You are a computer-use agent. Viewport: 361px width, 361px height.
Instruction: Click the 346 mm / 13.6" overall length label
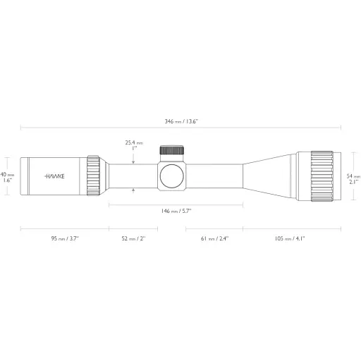pyautogui.click(x=181, y=121)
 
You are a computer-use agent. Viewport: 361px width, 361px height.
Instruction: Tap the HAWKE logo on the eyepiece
pyautogui.click(x=54, y=175)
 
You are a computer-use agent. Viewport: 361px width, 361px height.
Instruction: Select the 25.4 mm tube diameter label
pyautogui.click(x=134, y=142)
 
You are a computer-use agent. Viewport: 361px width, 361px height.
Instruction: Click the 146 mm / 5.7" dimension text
pyautogui.click(x=176, y=211)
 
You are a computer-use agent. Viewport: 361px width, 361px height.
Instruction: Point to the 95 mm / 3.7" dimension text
pyautogui.click(x=64, y=239)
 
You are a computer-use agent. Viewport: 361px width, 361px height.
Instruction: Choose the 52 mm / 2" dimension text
pyautogui.click(x=133, y=239)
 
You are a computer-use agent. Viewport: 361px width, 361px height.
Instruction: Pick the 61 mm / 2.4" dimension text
pyautogui.click(x=214, y=239)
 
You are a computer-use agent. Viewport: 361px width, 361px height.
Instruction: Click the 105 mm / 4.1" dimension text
pyautogui.click(x=290, y=239)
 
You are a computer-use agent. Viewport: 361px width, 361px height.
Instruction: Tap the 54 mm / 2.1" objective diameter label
pyautogui.click(x=354, y=178)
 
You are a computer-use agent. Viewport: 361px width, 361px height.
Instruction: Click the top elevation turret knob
pyautogui.click(x=172, y=149)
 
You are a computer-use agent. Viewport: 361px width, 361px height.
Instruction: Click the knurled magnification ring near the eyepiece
pyautogui.click(x=94, y=174)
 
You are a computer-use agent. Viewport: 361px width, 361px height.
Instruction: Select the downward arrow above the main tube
pyautogui.click(x=134, y=159)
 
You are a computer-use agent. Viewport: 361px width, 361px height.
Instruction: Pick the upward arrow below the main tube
pyautogui.click(x=134, y=190)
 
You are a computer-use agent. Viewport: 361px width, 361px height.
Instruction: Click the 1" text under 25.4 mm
pyautogui.click(x=134, y=149)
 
